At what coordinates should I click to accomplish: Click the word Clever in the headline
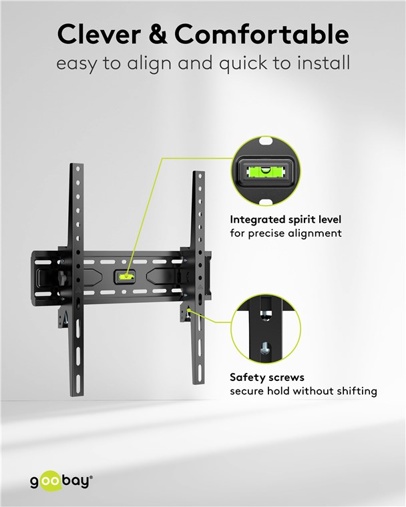point(99,34)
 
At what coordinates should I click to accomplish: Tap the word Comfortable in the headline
point(262,34)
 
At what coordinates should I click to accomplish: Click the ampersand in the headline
point(158,34)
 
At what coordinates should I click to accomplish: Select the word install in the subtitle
point(323,63)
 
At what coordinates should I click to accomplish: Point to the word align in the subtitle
point(149,63)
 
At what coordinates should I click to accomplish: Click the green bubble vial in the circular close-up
point(266,171)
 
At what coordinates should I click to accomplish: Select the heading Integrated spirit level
point(286,219)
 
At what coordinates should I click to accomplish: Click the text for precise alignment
point(286,233)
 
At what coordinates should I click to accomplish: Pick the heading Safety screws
point(267,378)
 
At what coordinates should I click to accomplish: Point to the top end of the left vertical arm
point(77,165)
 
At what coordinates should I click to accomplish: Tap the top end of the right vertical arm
point(199,173)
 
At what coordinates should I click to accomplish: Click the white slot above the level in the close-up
point(266,141)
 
